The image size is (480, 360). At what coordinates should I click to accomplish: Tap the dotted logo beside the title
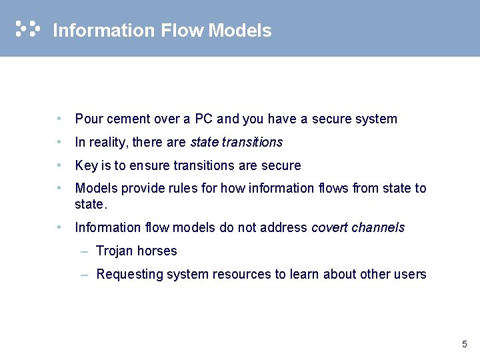[27, 29]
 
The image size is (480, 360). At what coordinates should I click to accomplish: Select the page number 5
[464, 345]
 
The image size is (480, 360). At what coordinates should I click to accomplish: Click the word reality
[107, 142]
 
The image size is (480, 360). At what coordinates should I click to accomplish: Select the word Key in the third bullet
[86, 165]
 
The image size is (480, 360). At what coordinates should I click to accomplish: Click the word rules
[183, 188]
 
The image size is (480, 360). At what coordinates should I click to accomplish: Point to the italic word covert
[329, 227]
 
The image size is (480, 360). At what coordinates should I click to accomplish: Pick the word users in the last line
[411, 274]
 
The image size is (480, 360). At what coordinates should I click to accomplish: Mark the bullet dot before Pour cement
[60, 119]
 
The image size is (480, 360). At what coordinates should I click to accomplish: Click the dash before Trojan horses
[84, 251]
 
